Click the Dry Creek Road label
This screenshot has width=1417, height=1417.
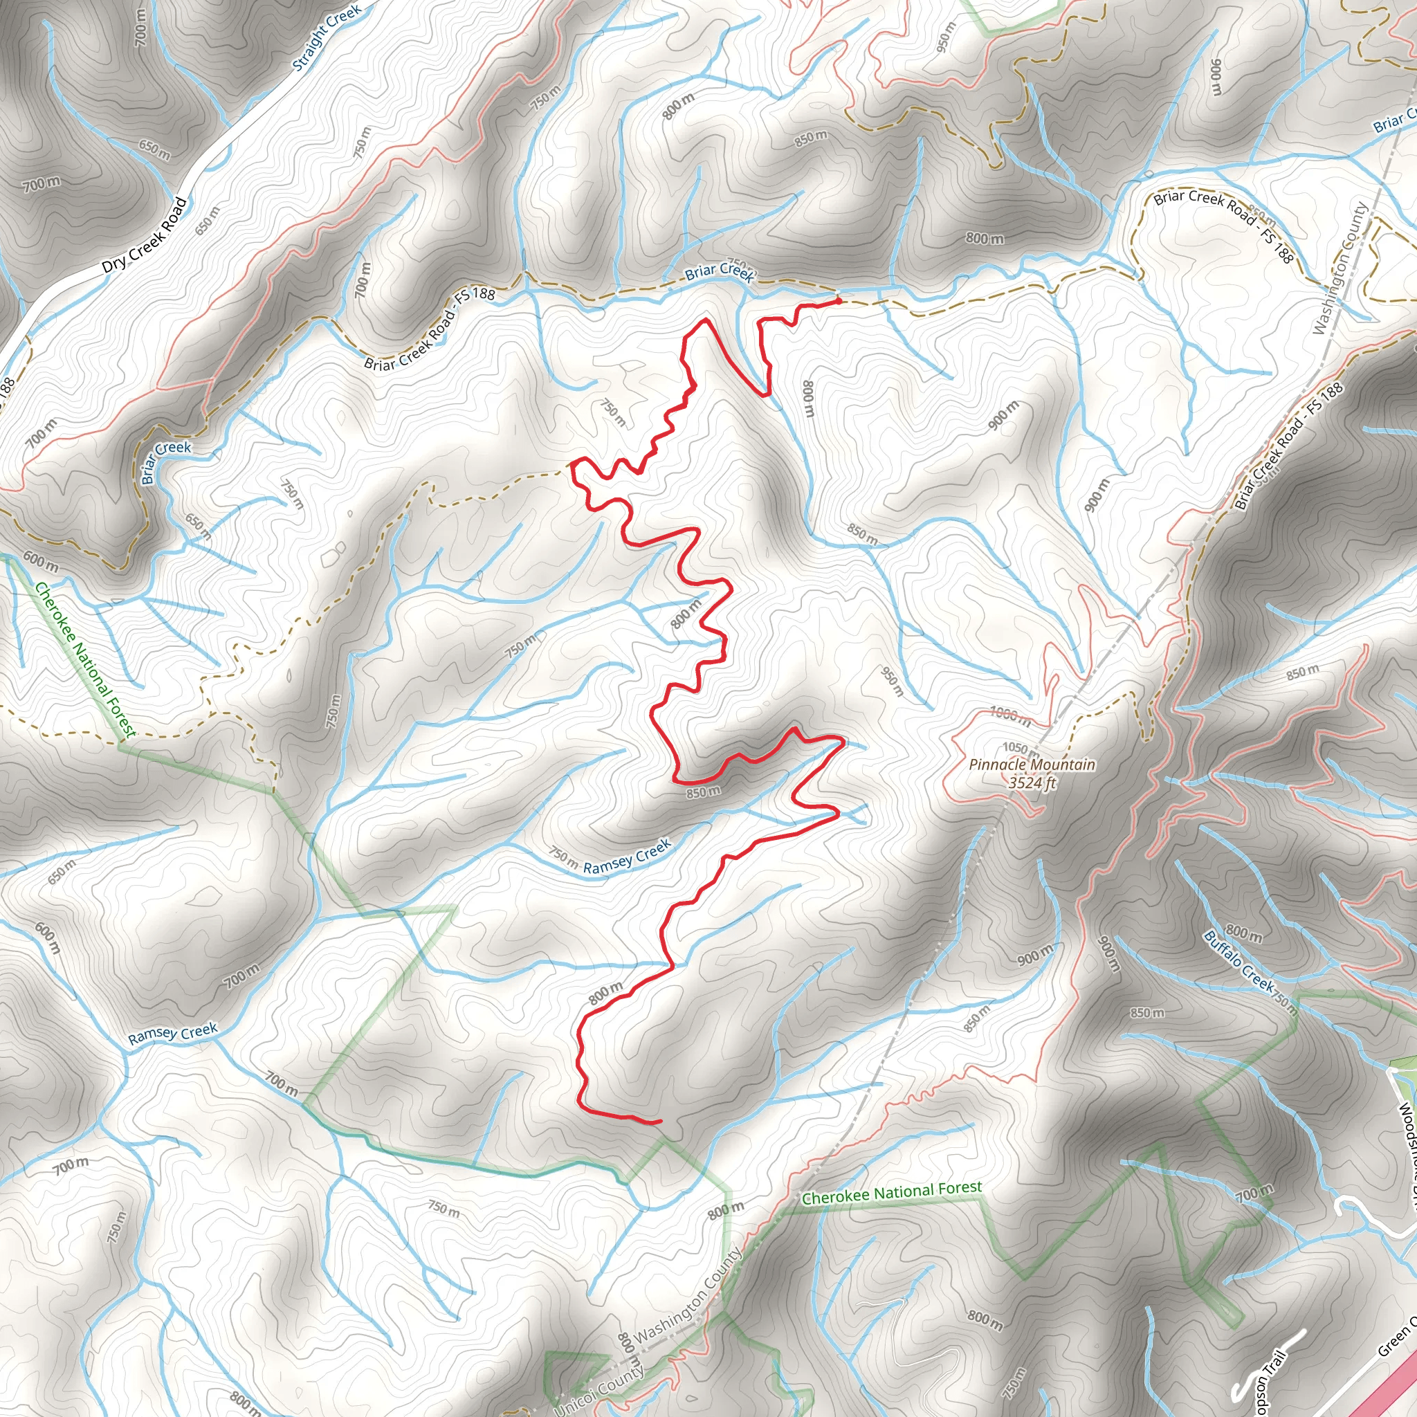(144, 235)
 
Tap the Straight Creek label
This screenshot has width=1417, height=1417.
(327, 38)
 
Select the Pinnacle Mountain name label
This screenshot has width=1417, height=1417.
(1032, 765)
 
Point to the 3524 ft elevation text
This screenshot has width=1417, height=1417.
(1032, 783)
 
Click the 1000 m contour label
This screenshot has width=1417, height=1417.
(1010, 715)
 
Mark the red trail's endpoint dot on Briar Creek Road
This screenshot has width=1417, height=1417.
(839, 301)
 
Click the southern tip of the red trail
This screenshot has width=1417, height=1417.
(660, 1122)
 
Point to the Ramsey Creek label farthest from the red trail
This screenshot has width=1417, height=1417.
(172, 1034)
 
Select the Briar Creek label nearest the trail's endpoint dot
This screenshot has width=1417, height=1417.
(719, 272)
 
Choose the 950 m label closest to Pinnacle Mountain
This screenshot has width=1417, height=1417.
(892, 681)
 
